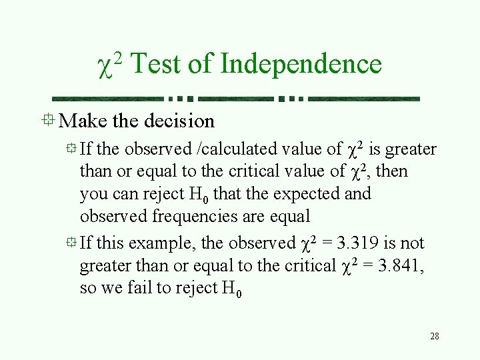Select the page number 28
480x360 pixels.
point(435,336)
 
